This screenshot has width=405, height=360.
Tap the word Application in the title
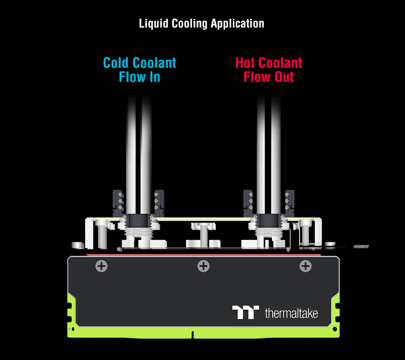(237, 24)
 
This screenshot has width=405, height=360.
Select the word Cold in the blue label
(116, 63)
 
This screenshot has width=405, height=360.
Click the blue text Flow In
(139, 77)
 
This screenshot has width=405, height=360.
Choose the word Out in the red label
(281, 77)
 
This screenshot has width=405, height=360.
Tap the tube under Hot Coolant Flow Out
(268, 150)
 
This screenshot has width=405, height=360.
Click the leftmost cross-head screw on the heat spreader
(101, 266)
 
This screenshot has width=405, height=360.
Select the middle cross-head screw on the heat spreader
(203, 266)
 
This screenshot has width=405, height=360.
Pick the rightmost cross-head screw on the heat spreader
(305, 266)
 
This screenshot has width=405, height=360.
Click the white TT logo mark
(245, 312)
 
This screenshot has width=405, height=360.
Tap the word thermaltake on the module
(291, 313)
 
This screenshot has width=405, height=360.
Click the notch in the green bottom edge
(192, 334)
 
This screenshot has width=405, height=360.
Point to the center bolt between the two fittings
(203, 234)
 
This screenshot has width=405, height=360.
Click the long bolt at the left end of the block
(102, 234)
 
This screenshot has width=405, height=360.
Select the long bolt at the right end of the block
(306, 234)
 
